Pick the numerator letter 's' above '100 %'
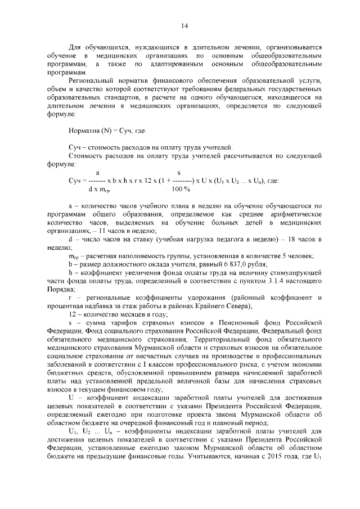coord(179,172)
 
